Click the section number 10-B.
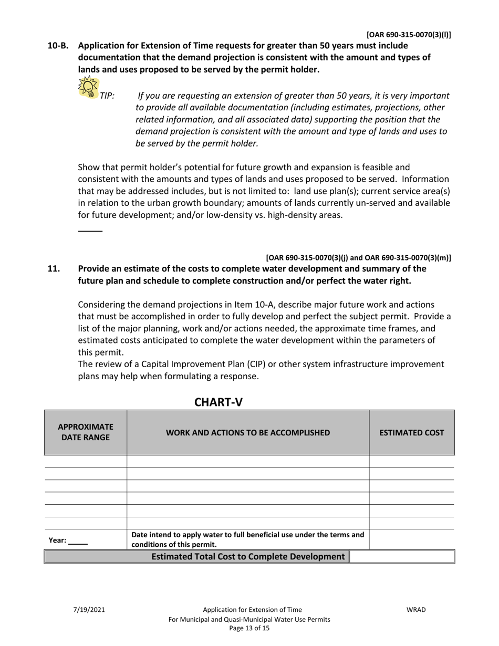(x=58, y=46)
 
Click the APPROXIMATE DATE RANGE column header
(x=86, y=432)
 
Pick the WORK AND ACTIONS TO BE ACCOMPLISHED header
(x=248, y=433)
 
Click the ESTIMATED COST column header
(x=412, y=433)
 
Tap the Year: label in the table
(x=57, y=540)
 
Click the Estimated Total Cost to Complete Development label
(x=248, y=557)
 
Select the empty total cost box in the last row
(x=401, y=557)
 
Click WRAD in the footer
(x=416, y=610)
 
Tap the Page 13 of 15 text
(x=249, y=629)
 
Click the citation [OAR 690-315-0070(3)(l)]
(x=408, y=35)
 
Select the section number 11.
(x=54, y=268)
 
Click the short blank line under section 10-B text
(x=90, y=231)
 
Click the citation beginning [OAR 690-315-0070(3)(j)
(x=358, y=257)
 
